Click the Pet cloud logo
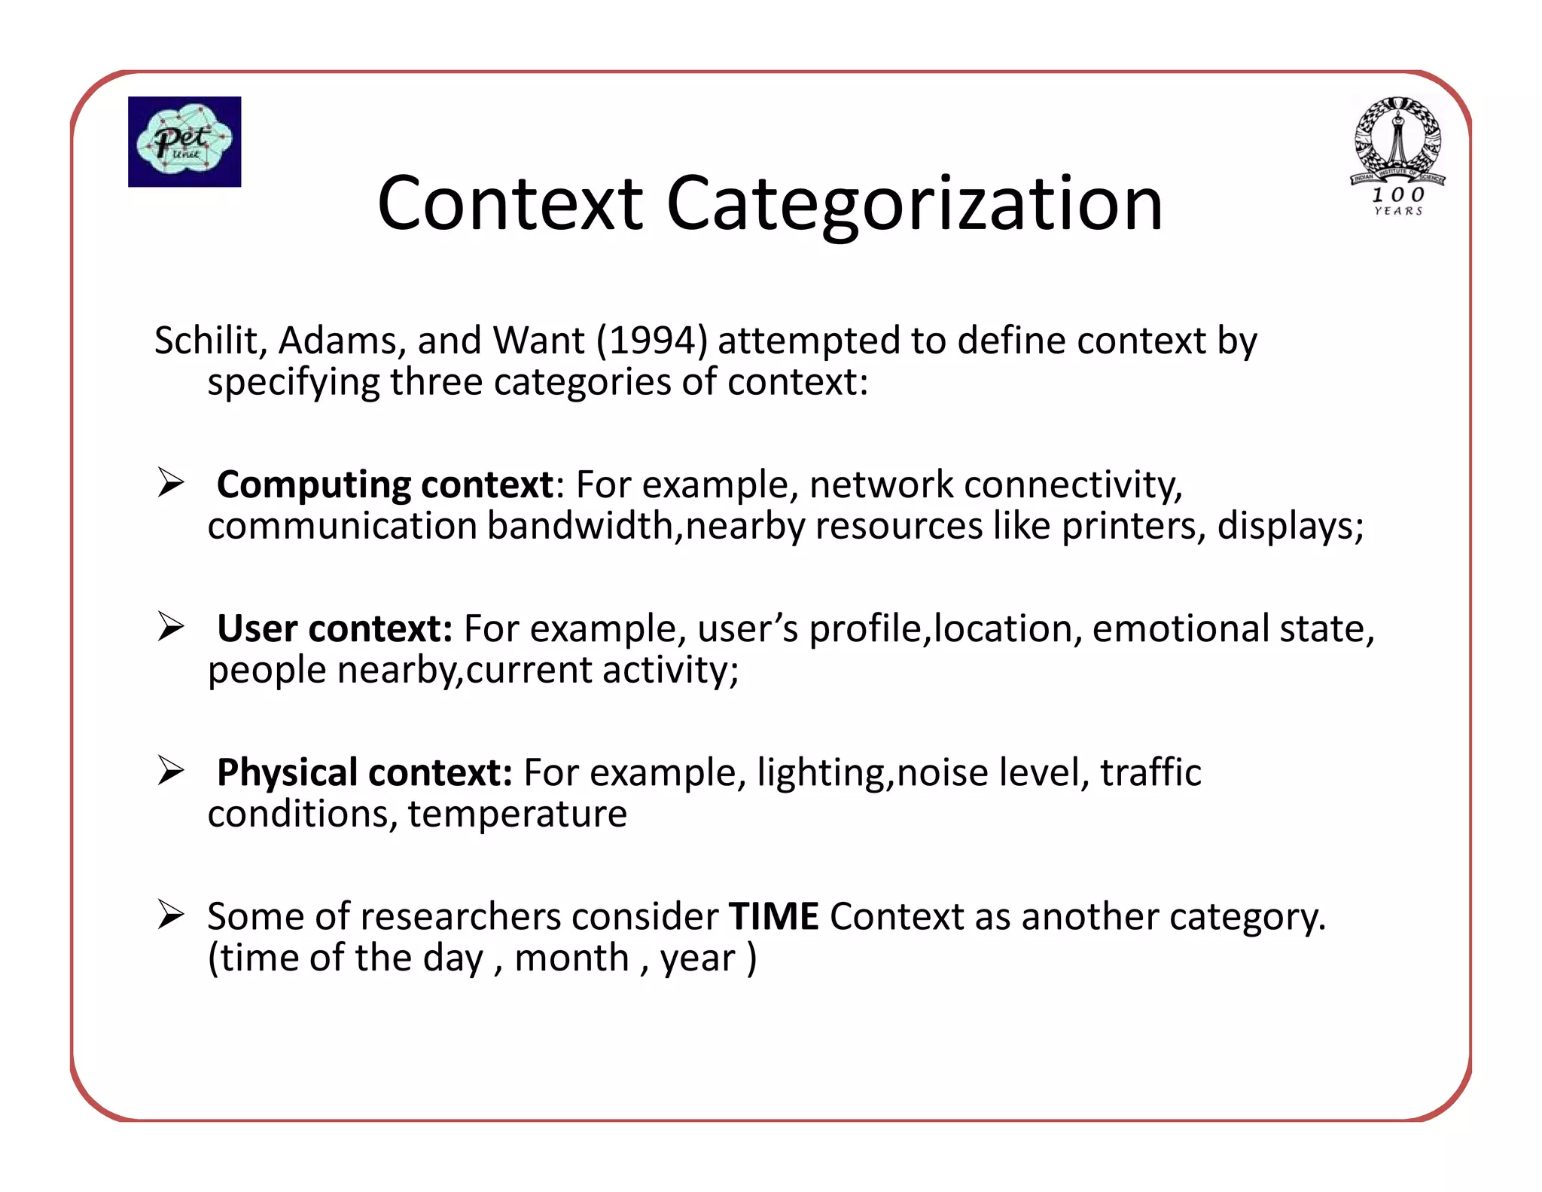[x=184, y=142]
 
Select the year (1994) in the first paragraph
[x=652, y=341]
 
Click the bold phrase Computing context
[x=385, y=484]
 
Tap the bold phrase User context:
[x=334, y=628]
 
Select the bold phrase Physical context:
[x=364, y=772]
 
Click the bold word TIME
[x=773, y=916]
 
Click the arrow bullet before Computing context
[x=171, y=483]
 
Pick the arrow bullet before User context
[x=171, y=627]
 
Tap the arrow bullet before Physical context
[x=171, y=771]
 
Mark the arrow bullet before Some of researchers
[x=171, y=915]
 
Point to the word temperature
[x=517, y=815]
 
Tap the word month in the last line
[x=571, y=958]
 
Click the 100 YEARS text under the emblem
[x=1398, y=201]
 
